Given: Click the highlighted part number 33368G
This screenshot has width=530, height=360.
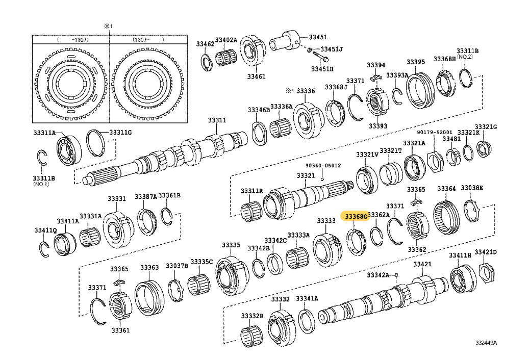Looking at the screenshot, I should (x=356, y=217).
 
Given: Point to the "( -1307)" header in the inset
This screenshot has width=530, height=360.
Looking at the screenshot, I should (x=70, y=39).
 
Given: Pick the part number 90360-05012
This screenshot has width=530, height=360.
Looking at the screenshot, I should (x=323, y=165).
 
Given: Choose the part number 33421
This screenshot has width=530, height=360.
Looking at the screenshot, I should (x=422, y=264).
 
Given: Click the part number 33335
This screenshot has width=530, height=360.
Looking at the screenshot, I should (x=230, y=245).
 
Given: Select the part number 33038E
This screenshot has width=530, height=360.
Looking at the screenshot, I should (x=471, y=188).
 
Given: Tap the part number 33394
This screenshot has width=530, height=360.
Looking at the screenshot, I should (x=376, y=65).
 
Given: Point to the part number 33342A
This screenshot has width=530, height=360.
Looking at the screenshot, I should (x=378, y=275).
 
